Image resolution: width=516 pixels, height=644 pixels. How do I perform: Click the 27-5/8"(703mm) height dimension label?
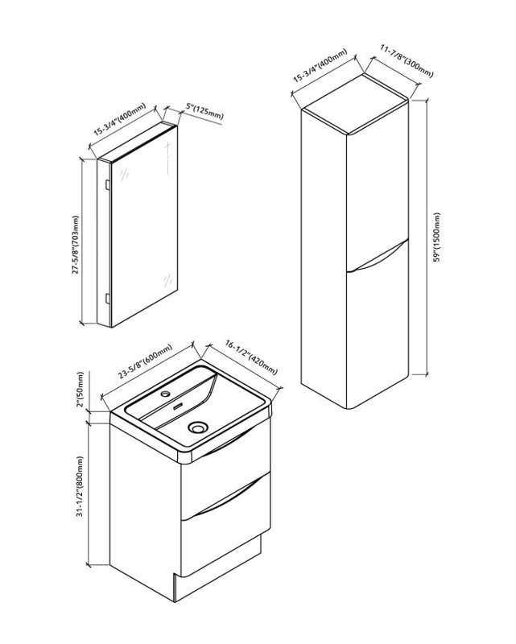coord(76,245)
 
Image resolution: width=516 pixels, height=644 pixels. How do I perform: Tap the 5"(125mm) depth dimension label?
coord(204,112)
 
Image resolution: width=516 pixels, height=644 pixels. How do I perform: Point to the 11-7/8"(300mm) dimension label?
coord(407,61)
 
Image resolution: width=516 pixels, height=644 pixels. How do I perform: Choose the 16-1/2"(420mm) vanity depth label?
coord(251,357)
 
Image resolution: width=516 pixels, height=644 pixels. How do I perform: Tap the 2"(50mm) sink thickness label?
coord(80,389)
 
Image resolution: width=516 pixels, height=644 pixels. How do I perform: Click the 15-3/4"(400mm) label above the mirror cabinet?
coord(120,119)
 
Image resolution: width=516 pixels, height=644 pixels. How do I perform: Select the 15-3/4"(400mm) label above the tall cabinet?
coord(320,66)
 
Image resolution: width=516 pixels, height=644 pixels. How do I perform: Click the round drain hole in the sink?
coord(197,427)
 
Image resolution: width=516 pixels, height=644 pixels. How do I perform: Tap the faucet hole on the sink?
coord(166,394)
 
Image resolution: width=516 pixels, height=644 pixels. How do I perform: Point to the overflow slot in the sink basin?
coord(178,407)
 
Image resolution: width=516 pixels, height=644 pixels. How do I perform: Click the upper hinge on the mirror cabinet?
coord(107,184)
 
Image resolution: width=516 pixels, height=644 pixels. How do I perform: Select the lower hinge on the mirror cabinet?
coord(107,298)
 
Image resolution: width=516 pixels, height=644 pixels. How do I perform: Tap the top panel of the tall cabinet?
coord(355,104)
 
